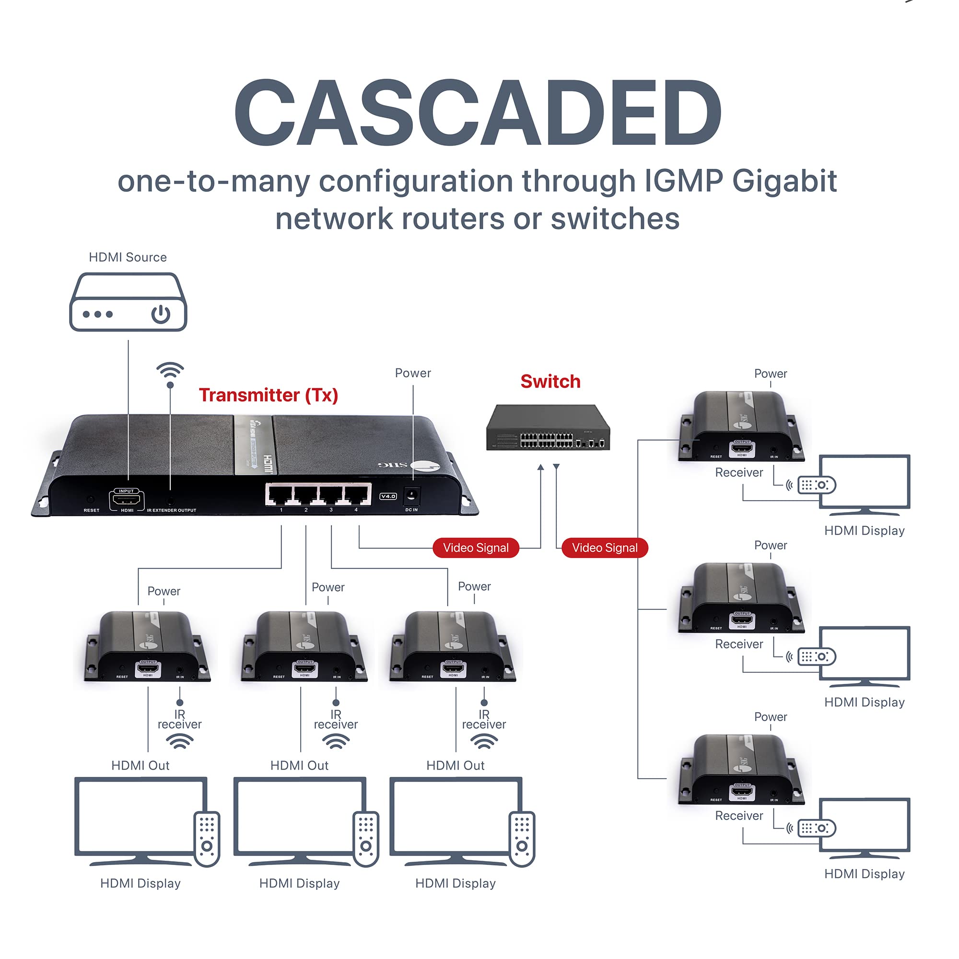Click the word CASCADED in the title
click(478, 113)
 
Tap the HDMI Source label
click(128, 257)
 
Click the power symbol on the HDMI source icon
click(161, 314)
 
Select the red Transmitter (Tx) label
click(268, 395)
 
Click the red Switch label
click(550, 381)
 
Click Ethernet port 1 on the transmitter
click(281, 494)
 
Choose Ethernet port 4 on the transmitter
click(356, 494)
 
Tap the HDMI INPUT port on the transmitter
click(127, 499)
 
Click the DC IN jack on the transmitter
click(411, 495)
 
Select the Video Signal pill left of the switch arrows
click(476, 548)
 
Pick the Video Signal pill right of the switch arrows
click(604, 548)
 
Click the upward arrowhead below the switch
click(540, 467)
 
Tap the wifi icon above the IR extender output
click(170, 370)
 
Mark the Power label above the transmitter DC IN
click(412, 373)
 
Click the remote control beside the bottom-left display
click(207, 839)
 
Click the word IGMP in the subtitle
click(683, 181)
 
